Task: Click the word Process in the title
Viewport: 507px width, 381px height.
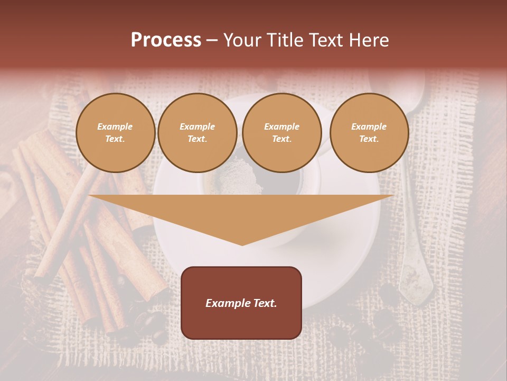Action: [x=166, y=40]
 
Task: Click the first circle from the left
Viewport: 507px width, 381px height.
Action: [x=115, y=133]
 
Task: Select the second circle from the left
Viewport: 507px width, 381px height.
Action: [x=198, y=133]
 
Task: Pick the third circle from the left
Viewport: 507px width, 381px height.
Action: [x=281, y=133]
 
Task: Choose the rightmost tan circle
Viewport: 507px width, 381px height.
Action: [x=369, y=133]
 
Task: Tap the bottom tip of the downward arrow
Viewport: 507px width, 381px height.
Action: [x=242, y=244]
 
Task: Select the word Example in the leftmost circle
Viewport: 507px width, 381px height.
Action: [x=115, y=126]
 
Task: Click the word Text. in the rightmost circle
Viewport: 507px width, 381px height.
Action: [x=369, y=139]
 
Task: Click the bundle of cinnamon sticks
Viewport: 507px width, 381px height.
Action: [x=79, y=222]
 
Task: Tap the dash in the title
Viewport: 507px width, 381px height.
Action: [x=212, y=40]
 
